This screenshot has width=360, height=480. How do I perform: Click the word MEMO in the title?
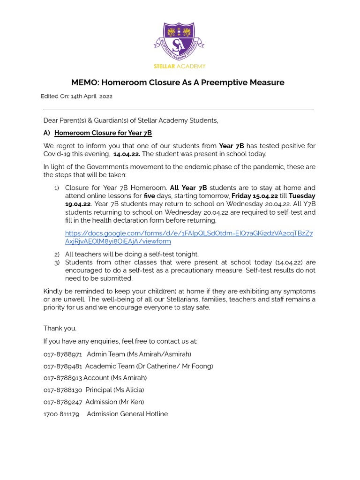point(84,82)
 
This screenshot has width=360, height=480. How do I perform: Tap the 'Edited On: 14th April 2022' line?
point(76,97)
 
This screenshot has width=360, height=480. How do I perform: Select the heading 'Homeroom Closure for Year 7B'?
point(103,133)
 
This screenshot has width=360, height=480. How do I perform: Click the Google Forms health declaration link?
point(188,237)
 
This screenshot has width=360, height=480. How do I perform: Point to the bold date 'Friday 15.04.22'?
point(255,196)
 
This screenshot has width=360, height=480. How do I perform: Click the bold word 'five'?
point(150,196)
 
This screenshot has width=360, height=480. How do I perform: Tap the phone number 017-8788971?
point(63,354)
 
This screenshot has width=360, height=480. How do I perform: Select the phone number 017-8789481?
point(63,366)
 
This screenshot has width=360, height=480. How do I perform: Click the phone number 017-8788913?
point(63,378)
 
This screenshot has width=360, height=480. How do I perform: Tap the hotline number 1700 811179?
point(61,414)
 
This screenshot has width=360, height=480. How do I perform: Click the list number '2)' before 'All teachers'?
point(57,255)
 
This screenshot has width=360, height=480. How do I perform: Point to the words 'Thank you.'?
point(60,328)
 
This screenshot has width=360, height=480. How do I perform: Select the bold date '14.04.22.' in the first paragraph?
point(127,154)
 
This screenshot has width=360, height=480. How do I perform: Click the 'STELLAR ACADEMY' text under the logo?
point(180,66)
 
